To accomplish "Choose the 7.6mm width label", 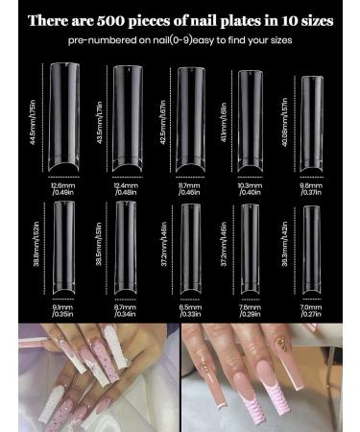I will pos(252,309).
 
